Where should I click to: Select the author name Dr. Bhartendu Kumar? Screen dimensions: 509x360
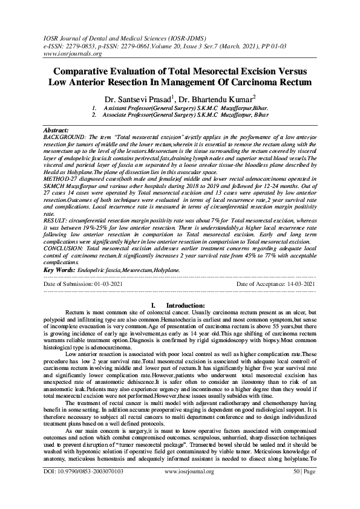pyautogui.click(x=221, y=98)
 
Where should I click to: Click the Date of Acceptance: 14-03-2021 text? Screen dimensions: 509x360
pyautogui.click(x=276, y=284)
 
